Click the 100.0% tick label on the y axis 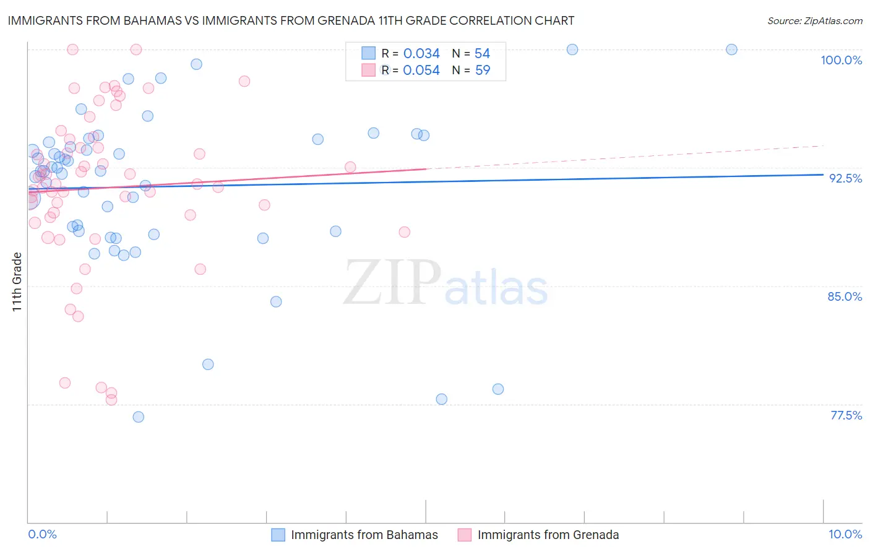point(841,60)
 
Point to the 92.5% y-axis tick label point(845,178)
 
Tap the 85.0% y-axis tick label point(845,296)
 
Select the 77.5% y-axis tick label point(846,415)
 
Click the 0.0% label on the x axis point(42,534)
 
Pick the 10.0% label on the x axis point(845,534)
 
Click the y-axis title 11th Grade point(17,282)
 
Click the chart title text point(291,20)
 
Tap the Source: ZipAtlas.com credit point(814,20)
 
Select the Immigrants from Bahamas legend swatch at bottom point(278,535)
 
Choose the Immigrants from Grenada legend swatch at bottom point(465,535)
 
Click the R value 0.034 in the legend point(421,53)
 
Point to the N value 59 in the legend point(483,71)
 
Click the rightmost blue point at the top point(731,50)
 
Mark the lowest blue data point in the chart point(139,417)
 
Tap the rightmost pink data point point(405,232)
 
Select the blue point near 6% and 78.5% point(498,389)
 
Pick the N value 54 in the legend point(483,53)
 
